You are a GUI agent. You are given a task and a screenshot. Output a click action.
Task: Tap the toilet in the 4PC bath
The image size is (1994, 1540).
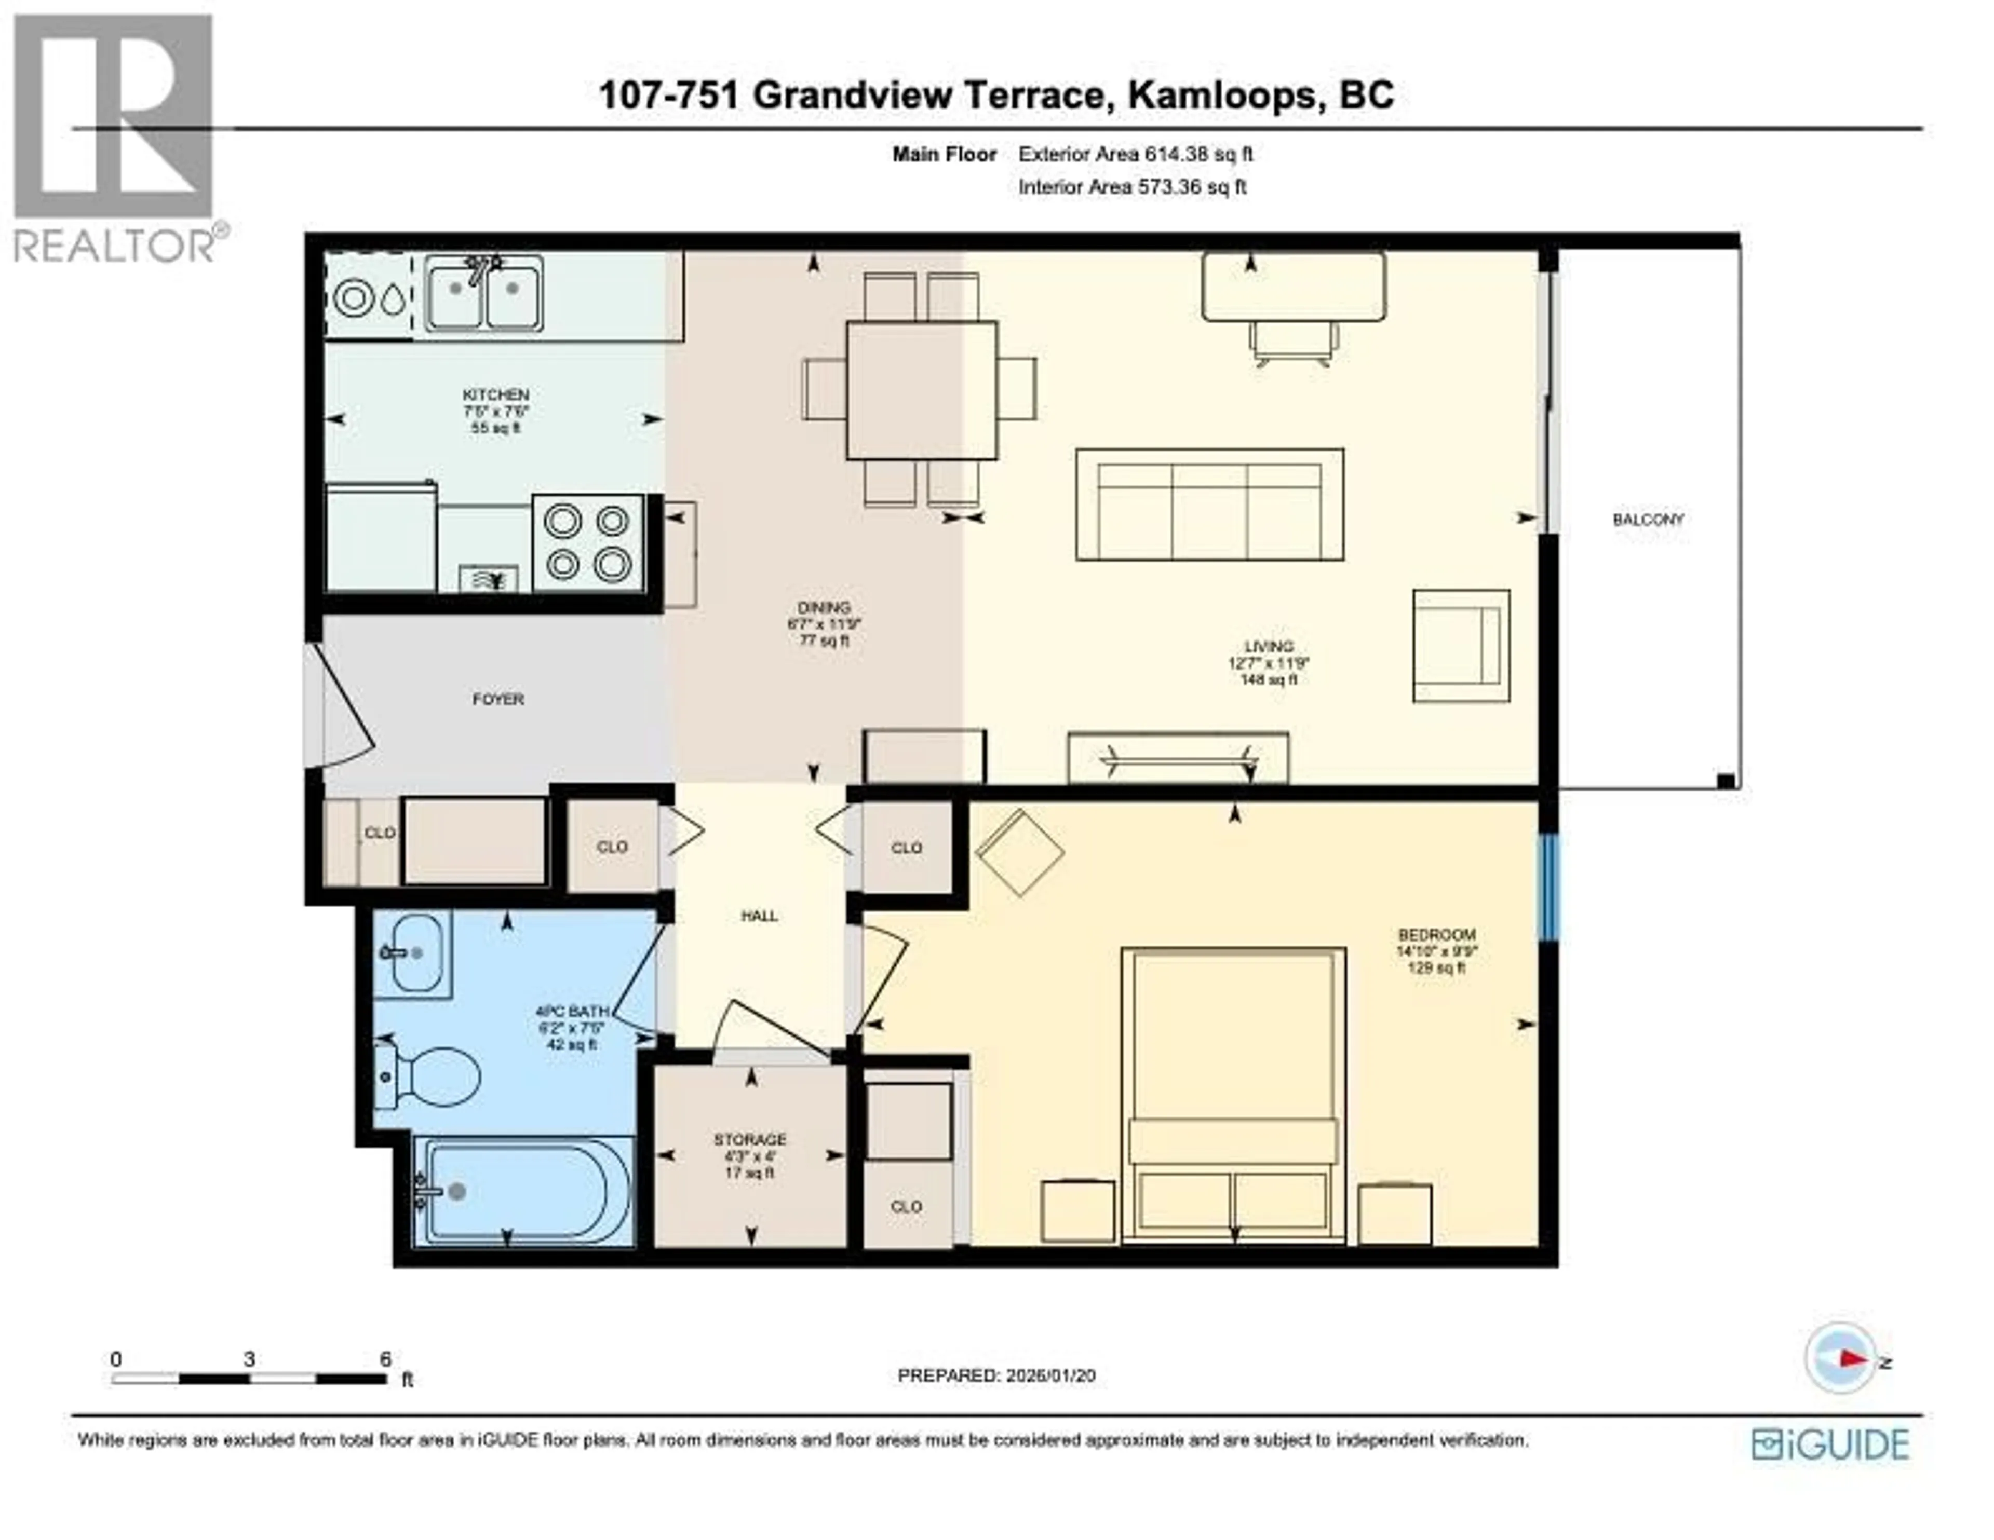436,1077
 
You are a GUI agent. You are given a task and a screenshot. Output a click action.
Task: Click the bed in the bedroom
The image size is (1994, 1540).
1233,1095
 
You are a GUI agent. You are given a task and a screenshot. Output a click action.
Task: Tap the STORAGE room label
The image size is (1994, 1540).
750,1139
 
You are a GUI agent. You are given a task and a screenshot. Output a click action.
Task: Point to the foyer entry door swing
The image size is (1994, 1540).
342,707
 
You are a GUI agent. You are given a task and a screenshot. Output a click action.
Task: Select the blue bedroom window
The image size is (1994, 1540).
1547,887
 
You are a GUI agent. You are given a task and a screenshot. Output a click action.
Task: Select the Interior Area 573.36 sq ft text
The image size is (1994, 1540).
1132,187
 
